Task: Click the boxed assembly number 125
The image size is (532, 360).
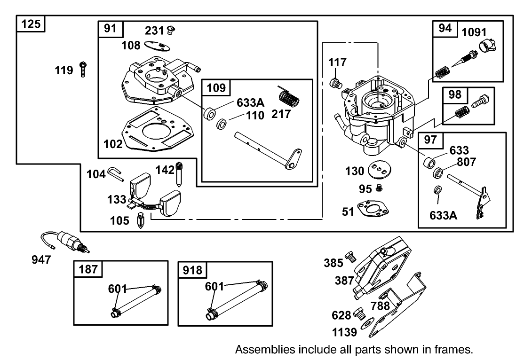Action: [31, 23]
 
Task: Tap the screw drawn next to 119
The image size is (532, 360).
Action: [83, 69]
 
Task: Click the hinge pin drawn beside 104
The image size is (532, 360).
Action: [116, 172]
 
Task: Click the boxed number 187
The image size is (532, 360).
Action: [88, 269]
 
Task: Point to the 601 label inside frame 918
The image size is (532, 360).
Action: [214, 286]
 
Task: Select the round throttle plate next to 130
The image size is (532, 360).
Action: [381, 170]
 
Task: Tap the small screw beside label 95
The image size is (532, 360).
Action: [380, 188]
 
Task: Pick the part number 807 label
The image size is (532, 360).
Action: [466, 162]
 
